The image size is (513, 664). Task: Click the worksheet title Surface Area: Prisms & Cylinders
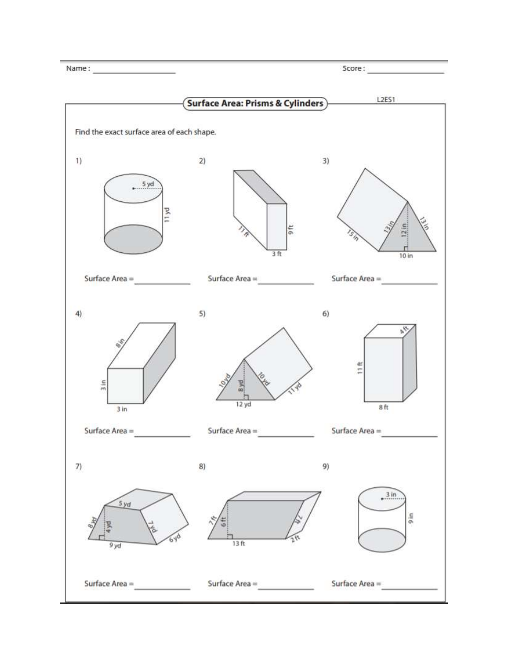tap(255, 103)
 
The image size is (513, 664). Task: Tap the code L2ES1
tap(385, 99)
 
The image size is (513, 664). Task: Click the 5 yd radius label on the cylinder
tap(148, 184)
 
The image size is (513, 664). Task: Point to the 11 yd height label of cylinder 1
tap(167, 215)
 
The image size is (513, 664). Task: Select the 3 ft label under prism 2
tap(277, 254)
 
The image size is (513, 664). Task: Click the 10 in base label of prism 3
tap(406, 255)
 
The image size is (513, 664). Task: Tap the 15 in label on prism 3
tap(352, 235)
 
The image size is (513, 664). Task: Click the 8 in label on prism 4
tap(120, 344)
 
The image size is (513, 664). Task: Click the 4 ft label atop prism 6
tap(405, 330)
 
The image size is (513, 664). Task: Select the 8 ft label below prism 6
tap(384, 408)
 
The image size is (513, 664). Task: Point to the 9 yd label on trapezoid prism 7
tap(115, 546)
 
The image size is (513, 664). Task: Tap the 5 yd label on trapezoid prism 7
tap(124, 504)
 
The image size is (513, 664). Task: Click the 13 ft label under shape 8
tap(238, 543)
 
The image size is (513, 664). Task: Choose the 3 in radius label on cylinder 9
tap(391, 494)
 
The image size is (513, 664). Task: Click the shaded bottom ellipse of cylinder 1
tap(133, 239)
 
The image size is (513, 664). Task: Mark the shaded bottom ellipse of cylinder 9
tap(382, 540)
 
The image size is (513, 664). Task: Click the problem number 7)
tap(78, 466)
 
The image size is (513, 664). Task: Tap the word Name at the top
tap(77, 68)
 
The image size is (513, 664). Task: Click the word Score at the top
tap(353, 68)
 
